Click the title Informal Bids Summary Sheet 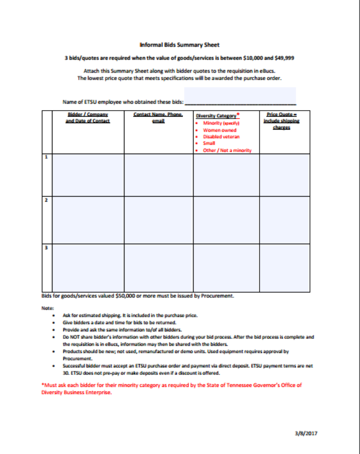[x=179, y=45]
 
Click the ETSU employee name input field [x=240, y=96]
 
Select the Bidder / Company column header [x=88, y=118]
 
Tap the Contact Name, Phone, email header [x=158, y=118]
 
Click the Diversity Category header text [x=216, y=116]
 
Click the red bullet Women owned [x=219, y=130]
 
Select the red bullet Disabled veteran [x=221, y=137]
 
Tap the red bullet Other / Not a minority [x=227, y=150]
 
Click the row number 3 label [x=46, y=248]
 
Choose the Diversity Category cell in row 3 [x=226, y=267]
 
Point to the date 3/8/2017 [x=305, y=433]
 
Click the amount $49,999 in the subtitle [x=283, y=58]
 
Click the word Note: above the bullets [x=47, y=308]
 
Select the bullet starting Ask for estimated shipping [x=130, y=315]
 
